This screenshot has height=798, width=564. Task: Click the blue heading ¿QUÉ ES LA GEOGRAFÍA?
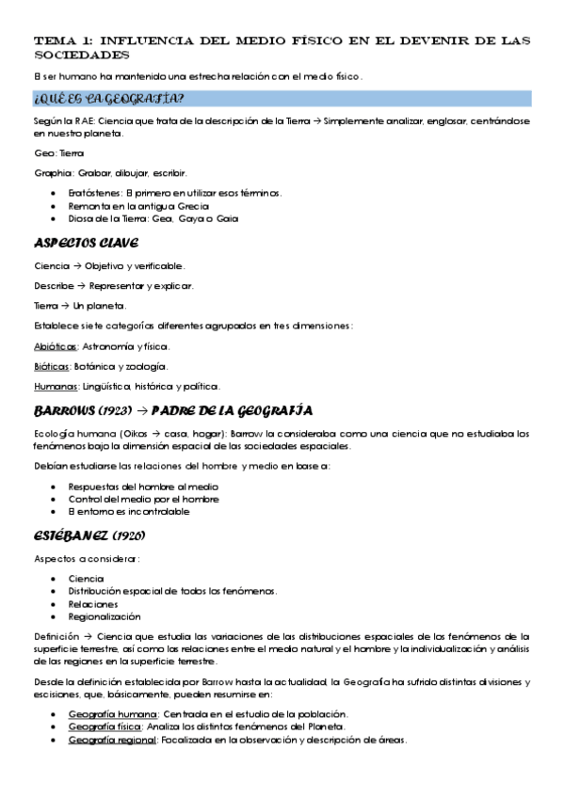[108, 99]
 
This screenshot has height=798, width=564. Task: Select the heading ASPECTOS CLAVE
[86, 244]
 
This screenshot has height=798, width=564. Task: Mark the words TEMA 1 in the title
[61, 41]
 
